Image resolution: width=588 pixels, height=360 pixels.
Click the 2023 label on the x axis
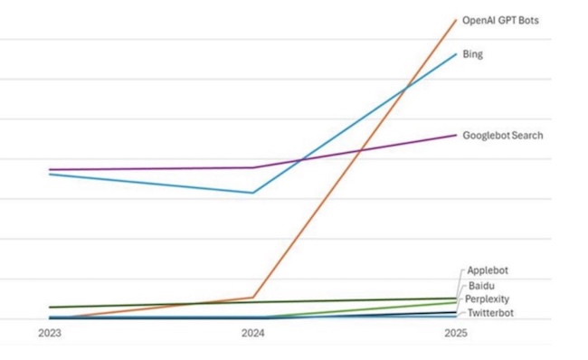[49, 334]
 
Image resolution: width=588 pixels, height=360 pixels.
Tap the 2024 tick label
[252, 334]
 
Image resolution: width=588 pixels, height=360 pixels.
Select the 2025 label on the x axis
[457, 334]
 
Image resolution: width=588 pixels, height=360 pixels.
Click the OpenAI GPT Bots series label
[500, 20]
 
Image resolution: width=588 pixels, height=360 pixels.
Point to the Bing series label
[472, 54]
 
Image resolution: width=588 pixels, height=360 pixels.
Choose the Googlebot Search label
[502, 136]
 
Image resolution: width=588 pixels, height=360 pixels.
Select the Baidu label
[481, 286]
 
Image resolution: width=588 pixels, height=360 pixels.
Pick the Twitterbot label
[489, 313]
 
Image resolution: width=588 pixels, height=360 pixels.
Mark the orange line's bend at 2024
[253, 297]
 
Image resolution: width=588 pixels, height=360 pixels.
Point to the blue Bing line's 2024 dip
[253, 193]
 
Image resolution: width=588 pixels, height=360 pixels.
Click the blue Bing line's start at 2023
[50, 174]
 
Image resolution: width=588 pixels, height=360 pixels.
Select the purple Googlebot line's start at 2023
[50, 169]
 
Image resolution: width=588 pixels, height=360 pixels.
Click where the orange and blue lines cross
[404, 87]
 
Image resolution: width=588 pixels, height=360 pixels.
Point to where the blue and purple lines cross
[299, 161]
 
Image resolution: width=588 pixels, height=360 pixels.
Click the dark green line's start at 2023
[50, 308]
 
